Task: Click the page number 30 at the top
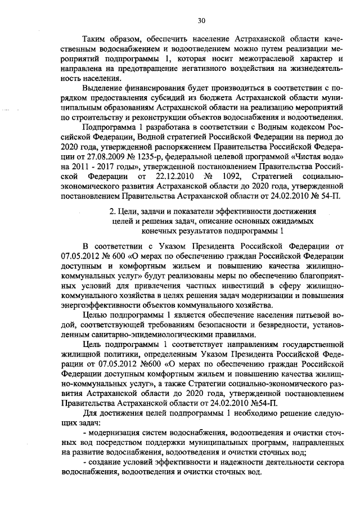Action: click(201, 21)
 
